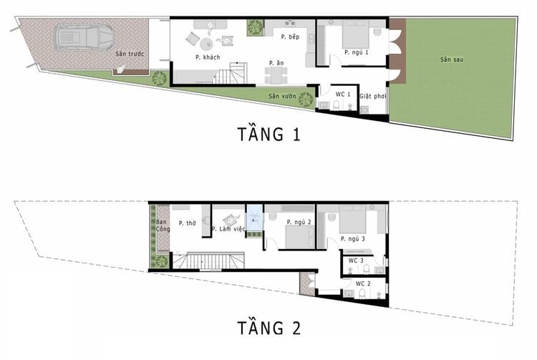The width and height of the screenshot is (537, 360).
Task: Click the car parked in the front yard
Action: [84, 37]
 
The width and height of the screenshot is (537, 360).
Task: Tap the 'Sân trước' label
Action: [130, 54]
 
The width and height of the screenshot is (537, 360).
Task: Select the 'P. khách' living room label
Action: [208, 57]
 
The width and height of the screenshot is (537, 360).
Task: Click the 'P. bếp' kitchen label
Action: [290, 37]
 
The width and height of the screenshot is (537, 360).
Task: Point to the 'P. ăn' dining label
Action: [276, 63]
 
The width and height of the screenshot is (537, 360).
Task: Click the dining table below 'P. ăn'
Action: [276, 75]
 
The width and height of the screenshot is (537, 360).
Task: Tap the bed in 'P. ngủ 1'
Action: [356, 34]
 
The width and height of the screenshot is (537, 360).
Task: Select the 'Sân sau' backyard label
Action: [452, 59]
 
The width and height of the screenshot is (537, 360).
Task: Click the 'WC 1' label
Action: [343, 94]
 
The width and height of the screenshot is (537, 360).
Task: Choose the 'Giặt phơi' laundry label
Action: [372, 96]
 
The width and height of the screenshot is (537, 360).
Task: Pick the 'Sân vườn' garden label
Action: [282, 96]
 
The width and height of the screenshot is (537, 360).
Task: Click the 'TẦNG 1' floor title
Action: [268, 134]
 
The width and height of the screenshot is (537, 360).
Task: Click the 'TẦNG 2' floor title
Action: [269, 328]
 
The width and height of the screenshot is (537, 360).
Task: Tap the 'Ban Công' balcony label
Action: [163, 225]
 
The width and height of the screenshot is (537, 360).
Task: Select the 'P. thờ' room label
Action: [188, 223]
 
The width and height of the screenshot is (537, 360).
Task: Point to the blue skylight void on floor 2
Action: [254, 218]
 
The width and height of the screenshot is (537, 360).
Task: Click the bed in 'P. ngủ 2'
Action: [300, 237]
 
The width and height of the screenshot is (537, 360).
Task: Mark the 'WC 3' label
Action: [356, 261]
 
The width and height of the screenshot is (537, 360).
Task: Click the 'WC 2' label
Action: [363, 283]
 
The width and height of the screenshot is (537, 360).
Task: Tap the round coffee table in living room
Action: [207, 44]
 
